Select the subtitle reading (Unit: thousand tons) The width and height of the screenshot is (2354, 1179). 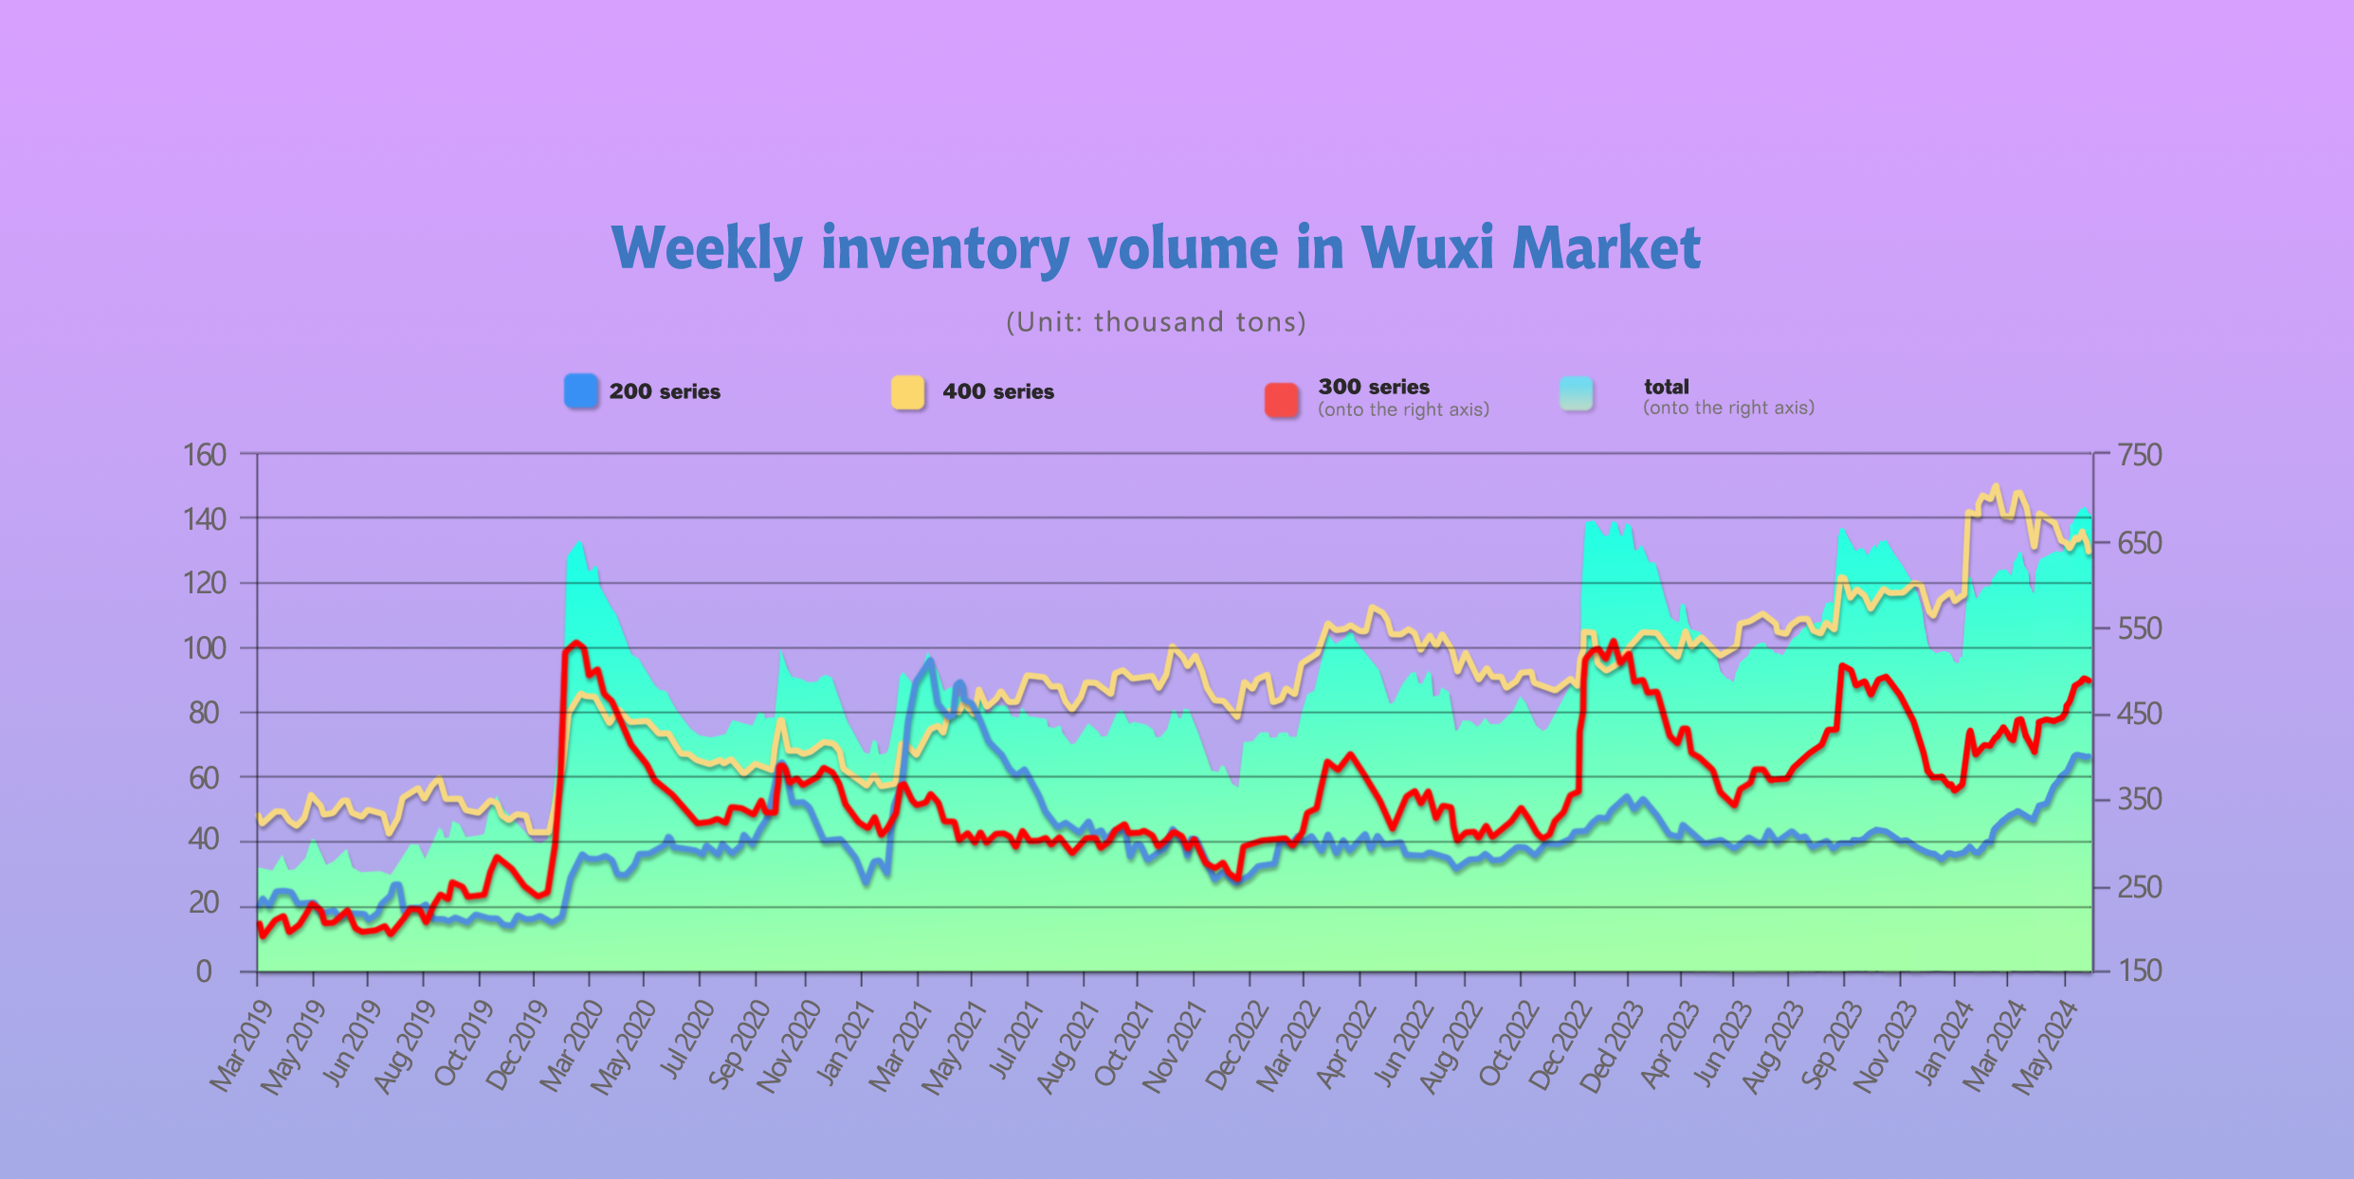1156,322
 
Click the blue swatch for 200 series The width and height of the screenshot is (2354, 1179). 581,391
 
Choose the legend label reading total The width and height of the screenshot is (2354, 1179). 1666,387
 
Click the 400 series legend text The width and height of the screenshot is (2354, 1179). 997,392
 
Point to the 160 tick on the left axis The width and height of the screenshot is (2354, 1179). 205,455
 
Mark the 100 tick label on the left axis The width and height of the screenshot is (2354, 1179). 205,648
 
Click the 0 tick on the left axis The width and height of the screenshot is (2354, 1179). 204,971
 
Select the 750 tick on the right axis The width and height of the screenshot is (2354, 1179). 2140,455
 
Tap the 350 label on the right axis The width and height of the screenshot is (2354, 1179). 2140,799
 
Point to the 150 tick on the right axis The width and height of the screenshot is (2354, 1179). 2140,970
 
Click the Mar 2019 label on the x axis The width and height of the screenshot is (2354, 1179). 241,1046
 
